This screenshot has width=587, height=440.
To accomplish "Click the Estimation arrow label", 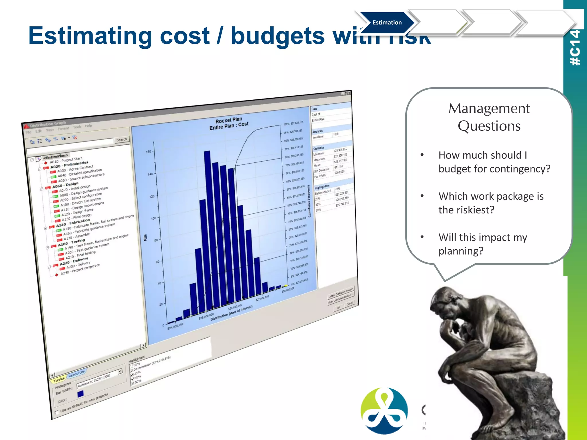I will coord(387,23).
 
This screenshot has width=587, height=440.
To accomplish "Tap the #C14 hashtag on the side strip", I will coord(575,48).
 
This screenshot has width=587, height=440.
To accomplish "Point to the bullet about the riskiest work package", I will coord(491,203).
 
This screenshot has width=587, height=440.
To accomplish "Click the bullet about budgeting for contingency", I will coord(494,162).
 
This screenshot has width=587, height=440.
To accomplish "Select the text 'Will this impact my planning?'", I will coord(483,244).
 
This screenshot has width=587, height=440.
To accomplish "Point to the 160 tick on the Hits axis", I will coord(148,152).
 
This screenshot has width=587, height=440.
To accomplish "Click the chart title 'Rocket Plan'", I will coord(229,120).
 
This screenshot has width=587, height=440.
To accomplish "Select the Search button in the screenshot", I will coord(122,140).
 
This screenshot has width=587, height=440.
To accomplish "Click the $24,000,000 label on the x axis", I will coord(175,326).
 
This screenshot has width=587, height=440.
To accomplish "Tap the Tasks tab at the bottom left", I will coord(59,380).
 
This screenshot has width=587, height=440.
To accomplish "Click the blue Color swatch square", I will coord(81,394).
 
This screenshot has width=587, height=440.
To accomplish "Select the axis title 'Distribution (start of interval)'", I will coord(232,313).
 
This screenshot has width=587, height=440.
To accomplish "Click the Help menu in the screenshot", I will coord(89,126).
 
